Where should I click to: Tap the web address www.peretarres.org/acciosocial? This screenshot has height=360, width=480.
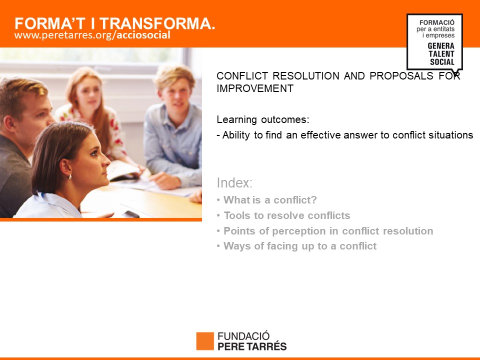click(x=92, y=35)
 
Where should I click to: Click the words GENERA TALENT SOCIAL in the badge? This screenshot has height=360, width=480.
click(x=441, y=54)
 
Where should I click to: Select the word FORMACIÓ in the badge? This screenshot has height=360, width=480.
click(x=437, y=22)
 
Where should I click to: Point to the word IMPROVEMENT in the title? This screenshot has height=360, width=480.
click(x=255, y=88)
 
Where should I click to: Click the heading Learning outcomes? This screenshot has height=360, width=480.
click(x=263, y=119)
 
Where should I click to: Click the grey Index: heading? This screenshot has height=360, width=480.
click(x=234, y=183)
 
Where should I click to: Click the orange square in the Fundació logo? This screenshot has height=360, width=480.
click(x=205, y=341)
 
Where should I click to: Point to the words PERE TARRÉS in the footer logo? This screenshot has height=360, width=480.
click(x=252, y=346)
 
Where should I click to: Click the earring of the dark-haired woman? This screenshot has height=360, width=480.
click(x=70, y=177)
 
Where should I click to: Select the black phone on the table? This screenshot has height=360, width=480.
click(x=131, y=214)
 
